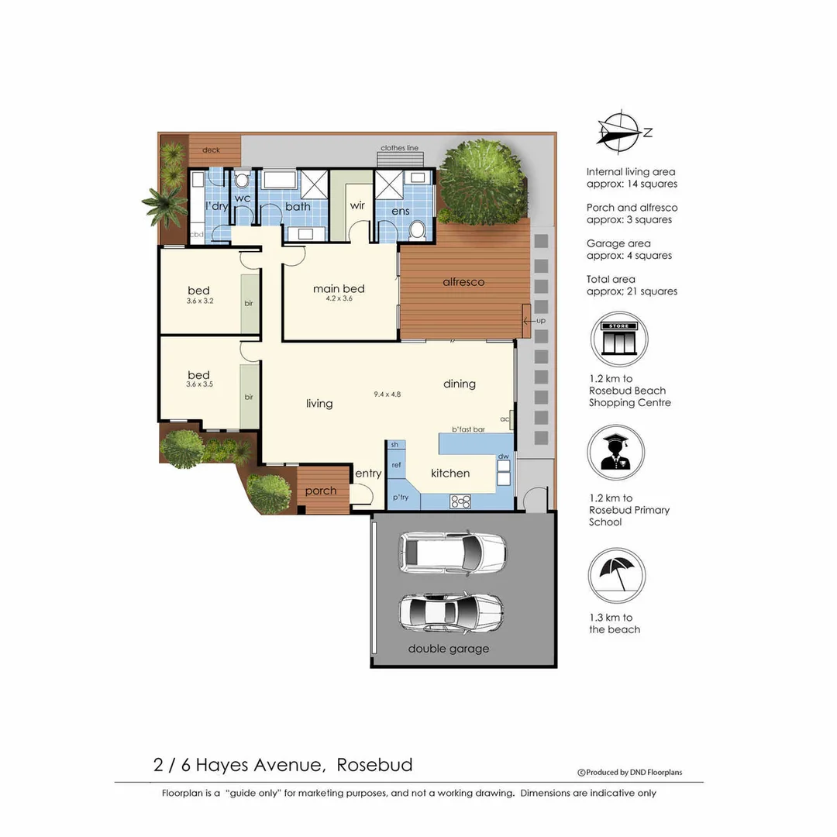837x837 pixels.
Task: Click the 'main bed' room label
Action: (339, 288)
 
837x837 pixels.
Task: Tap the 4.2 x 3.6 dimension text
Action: (339, 298)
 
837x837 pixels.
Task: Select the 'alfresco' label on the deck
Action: (463, 282)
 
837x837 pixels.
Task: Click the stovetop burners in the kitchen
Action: (460, 501)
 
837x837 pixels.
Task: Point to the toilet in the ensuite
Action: (416, 229)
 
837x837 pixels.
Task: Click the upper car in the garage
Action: (453, 552)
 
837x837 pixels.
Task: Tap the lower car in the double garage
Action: (450, 612)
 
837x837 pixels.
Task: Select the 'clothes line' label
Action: (399, 148)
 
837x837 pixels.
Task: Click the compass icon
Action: (618, 130)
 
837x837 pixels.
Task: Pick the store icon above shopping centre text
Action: (619, 339)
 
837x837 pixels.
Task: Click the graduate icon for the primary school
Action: (616, 452)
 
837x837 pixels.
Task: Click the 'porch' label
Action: (321, 491)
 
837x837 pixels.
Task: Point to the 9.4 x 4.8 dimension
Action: (387, 394)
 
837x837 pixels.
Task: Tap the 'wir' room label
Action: (357, 205)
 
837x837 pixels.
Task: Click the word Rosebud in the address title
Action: (375, 765)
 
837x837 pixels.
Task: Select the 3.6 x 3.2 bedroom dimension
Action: (199, 301)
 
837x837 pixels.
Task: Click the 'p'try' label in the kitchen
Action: (400, 497)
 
